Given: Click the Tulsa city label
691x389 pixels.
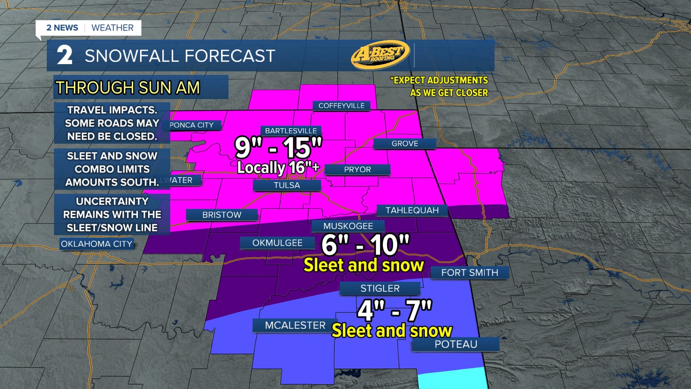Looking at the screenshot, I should click(287, 185).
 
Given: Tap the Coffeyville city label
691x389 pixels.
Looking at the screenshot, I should click(341, 106).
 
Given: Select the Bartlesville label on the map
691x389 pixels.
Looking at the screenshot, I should click(291, 131).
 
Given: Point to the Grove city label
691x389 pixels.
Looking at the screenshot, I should click(405, 143).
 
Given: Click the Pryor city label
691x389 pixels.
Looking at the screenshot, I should click(357, 169).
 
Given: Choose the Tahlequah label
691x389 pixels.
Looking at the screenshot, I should click(412, 210).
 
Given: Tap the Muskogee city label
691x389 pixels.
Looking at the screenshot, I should click(348, 226).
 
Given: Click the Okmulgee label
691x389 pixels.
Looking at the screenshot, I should click(277, 243).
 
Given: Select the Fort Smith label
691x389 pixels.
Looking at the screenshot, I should click(470, 273).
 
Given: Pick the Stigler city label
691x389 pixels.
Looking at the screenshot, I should click(380, 289).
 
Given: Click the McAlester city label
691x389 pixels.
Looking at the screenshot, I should click(295, 325).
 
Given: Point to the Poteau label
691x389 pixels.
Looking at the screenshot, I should click(456, 344).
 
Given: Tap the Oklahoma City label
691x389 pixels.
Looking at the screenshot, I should click(96, 244).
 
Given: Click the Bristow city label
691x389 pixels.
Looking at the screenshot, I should click(222, 215).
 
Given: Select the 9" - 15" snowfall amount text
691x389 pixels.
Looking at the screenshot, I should click(278, 147).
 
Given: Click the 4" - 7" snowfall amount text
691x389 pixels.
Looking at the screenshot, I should click(394, 310).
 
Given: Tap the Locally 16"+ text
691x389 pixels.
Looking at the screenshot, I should click(278, 167).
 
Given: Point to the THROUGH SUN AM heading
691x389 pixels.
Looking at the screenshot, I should click(128, 88).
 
